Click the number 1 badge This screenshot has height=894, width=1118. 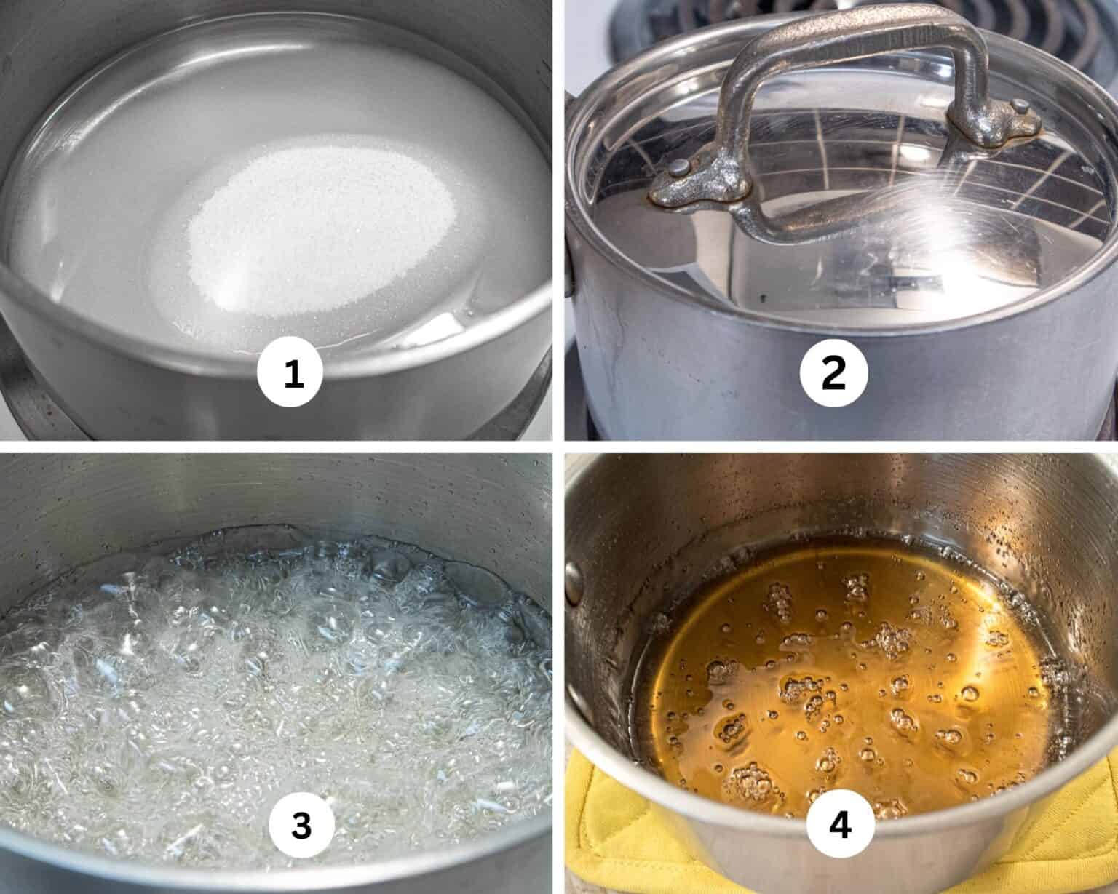coord(290,373)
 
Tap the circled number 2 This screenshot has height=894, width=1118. coord(834,372)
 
